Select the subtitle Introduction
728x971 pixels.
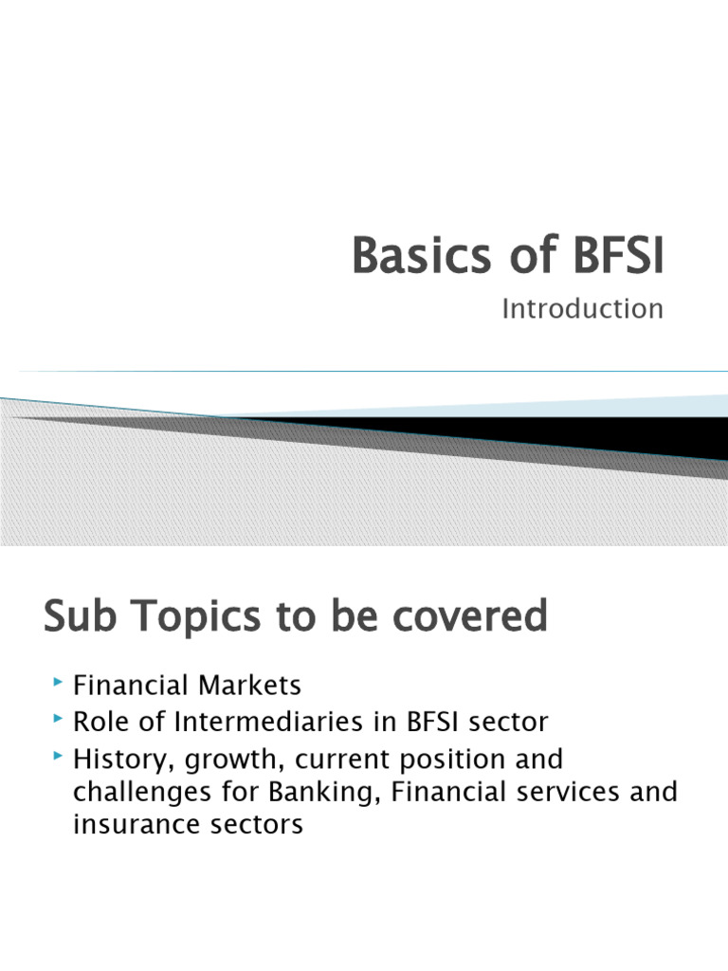point(582,309)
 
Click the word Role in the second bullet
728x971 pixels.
point(101,723)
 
